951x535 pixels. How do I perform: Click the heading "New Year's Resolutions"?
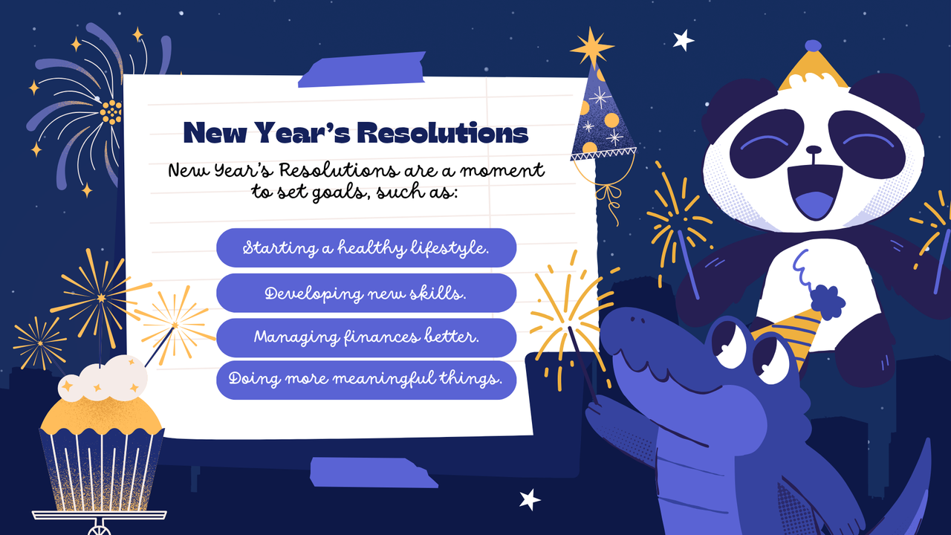coord(355,133)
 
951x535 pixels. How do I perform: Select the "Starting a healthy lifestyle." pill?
coord(366,247)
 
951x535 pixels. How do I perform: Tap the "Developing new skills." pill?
coord(366,293)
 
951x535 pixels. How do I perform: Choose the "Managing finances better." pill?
coord(366,337)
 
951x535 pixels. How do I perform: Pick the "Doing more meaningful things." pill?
coord(366,379)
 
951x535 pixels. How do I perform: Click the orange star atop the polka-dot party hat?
coord(591,48)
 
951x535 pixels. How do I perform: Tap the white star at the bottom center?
coord(530,499)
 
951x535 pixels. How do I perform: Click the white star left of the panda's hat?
coord(682,39)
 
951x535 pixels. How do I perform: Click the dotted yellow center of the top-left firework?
coord(111,112)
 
